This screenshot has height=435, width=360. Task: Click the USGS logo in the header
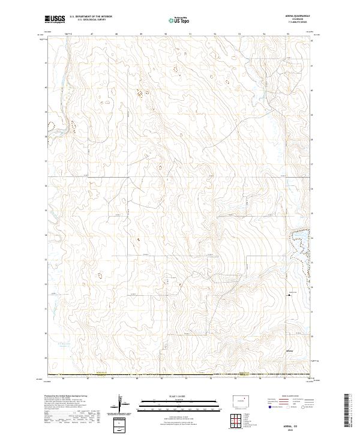pyautogui.click(x=55, y=19)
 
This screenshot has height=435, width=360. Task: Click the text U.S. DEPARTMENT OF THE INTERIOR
pyautogui.click(x=91, y=16)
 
